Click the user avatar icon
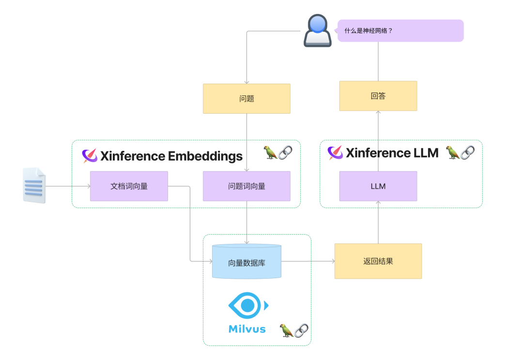pos(317,30)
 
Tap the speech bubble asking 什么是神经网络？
pos(400,30)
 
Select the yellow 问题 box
pos(246,99)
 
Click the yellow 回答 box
pos(378,96)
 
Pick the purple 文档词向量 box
pos(129,186)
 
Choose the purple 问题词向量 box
pos(246,186)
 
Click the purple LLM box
pos(378,186)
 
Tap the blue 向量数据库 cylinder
pos(246,262)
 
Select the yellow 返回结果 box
pos(378,261)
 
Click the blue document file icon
pos(34,185)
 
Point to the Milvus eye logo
pos(247,305)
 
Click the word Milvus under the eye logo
pos(247,329)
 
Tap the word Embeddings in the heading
pos(205,156)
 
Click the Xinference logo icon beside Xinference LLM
pos(335,153)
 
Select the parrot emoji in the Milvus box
pos(286,330)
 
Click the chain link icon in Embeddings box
pos(286,152)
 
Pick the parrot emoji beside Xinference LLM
pos(452,152)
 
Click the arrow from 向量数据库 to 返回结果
pos(308,261)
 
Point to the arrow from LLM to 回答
pos(378,140)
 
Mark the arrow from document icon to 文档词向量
pos(68,186)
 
